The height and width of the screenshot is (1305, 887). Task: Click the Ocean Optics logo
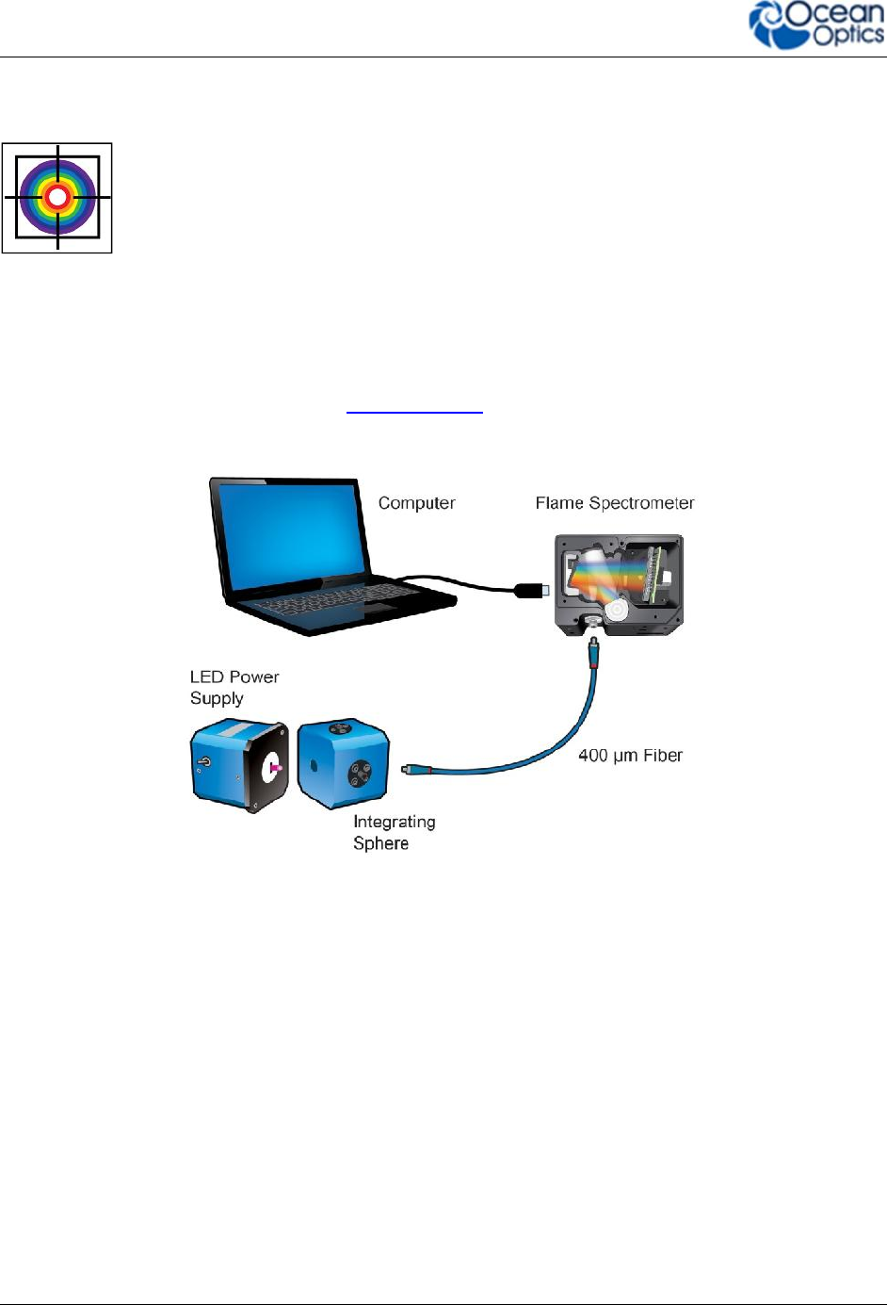[815, 25]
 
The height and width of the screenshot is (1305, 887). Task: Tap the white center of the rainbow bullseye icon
[57, 197]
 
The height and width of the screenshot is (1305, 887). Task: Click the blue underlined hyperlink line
[414, 413]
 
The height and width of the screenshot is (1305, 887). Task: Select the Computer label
[416, 503]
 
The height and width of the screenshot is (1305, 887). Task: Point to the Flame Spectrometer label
[615, 503]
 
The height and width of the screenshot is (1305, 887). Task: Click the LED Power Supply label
[234, 688]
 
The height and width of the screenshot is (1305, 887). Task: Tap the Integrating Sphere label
[394, 832]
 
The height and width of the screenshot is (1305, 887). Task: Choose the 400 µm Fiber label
[630, 756]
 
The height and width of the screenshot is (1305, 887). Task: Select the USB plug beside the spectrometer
[531, 591]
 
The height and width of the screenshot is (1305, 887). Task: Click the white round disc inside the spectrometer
[616, 611]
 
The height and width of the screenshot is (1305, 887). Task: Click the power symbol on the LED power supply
[204, 761]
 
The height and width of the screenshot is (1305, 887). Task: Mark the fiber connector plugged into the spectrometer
[593, 650]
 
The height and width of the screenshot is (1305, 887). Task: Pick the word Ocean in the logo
[833, 15]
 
